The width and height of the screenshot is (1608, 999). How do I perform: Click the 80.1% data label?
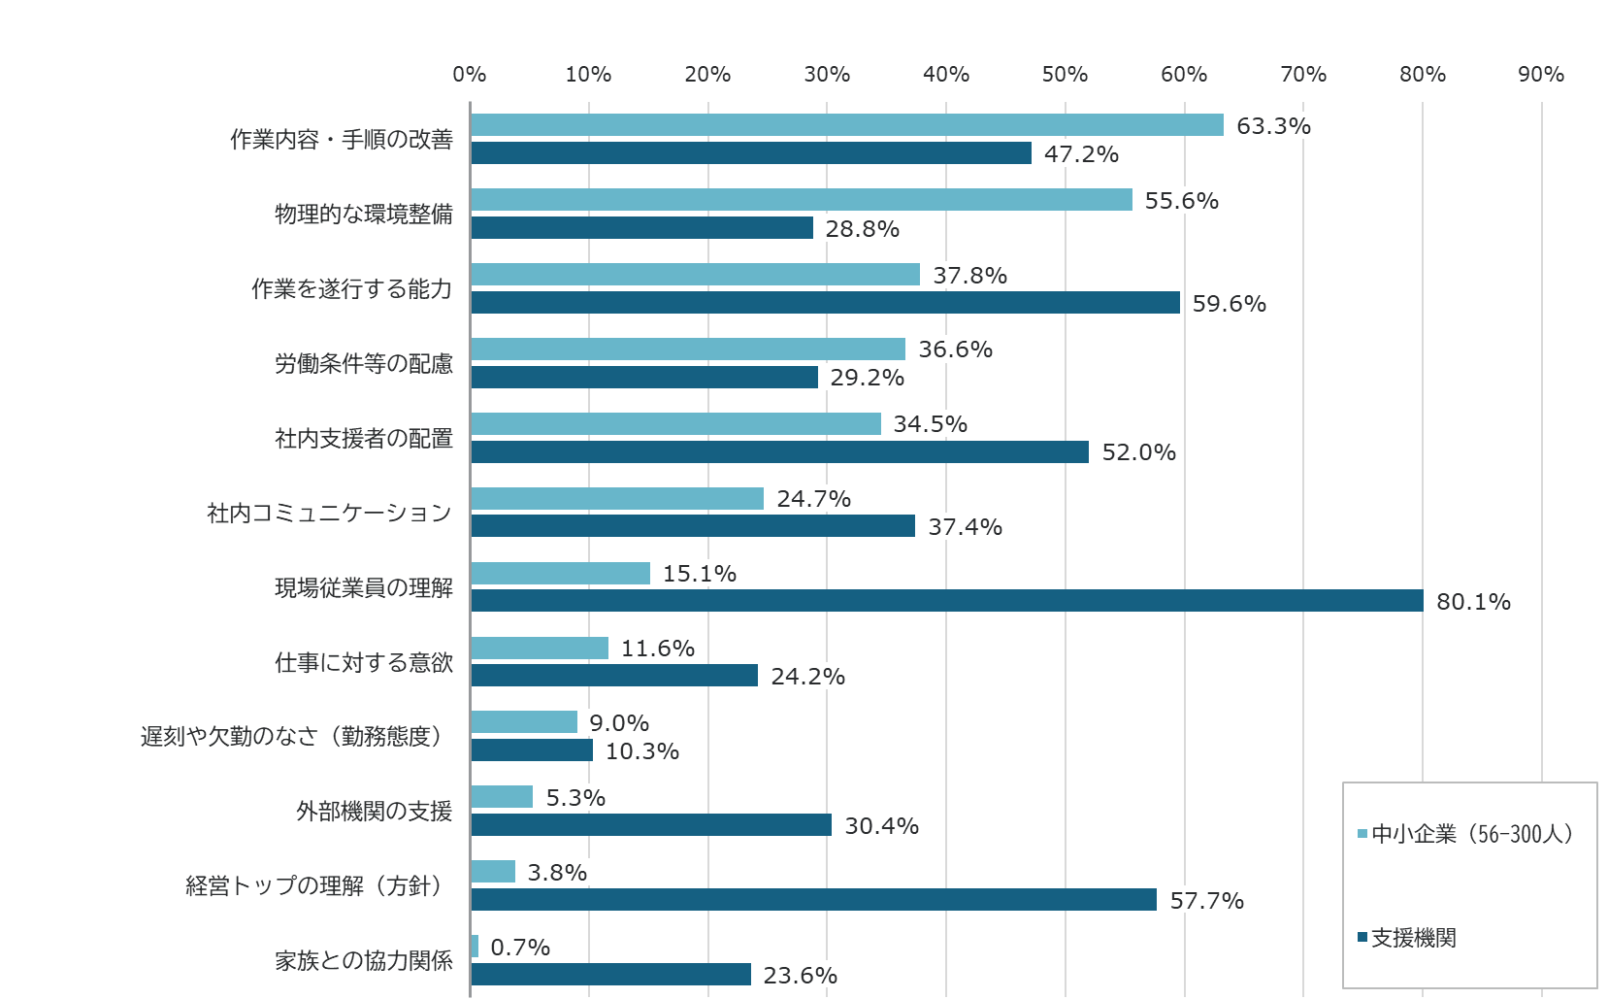point(1473,602)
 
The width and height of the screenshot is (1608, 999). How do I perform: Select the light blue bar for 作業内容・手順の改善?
point(846,125)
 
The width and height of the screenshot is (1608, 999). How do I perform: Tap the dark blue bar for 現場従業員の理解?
point(946,601)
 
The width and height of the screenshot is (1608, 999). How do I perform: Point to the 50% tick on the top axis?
point(1065,75)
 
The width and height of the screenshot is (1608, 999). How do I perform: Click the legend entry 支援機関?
point(1413,938)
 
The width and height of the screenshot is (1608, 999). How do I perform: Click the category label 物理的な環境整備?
point(363,214)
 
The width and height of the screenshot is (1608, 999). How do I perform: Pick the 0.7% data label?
point(520,947)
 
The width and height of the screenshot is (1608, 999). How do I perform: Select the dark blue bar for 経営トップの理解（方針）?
point(813,900)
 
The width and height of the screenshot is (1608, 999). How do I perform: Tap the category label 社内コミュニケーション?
point(329,513)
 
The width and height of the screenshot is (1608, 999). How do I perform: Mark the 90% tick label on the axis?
point(1541,75)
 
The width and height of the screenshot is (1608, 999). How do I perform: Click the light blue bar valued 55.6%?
point(801,200)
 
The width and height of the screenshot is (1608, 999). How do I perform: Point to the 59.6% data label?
point(1229,303)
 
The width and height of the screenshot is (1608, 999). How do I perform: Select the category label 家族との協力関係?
point(363,961)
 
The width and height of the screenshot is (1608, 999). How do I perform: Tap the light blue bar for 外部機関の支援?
point(501,797)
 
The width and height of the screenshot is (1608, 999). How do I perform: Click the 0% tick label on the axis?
point(470,75)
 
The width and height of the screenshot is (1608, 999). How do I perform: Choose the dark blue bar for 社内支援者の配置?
point(779,452)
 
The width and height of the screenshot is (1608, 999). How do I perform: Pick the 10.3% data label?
point(641,751)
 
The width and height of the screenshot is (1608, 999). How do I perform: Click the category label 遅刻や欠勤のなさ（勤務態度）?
point(295,737)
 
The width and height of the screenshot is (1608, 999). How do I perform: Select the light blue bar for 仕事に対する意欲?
point(539,648)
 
